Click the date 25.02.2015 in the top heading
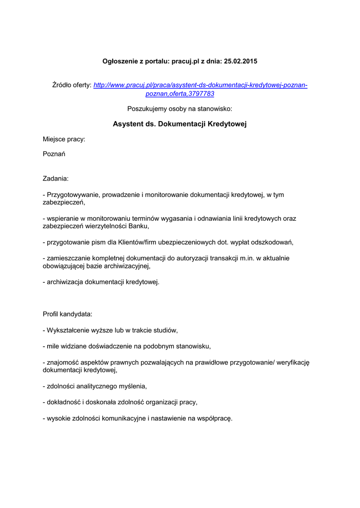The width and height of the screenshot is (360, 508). tap(241, 61)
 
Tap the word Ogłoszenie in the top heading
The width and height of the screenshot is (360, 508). tap(119, 61)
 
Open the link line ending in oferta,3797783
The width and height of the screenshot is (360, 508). tap(180, 93)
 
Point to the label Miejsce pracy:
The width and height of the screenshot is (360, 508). tap(64, 139)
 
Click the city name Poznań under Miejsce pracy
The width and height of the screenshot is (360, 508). tap(54, 154)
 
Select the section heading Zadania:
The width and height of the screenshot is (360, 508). tap(56, 178)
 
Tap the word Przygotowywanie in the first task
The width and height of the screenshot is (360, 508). tap(72, 195)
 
